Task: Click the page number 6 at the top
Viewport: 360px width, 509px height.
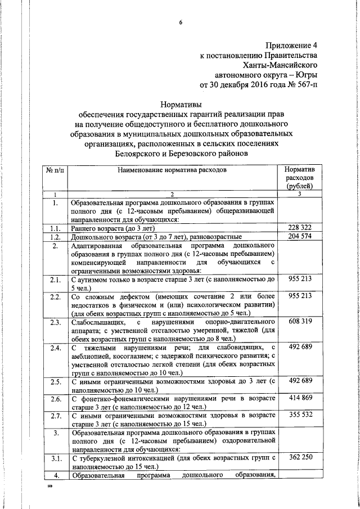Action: tap(181, 22)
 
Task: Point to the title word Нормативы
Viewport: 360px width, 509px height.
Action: tap(181, 103)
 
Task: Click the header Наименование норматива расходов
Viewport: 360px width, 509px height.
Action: tap(173, 169)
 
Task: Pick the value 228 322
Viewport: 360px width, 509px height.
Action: tap(300, 228)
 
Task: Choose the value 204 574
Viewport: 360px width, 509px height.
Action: tap(300, 237)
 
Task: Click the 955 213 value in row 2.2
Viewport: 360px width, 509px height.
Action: tap(300, 296)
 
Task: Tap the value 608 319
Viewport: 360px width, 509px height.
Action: tap(300, 322)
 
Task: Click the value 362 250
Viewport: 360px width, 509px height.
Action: tap(300, 458)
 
